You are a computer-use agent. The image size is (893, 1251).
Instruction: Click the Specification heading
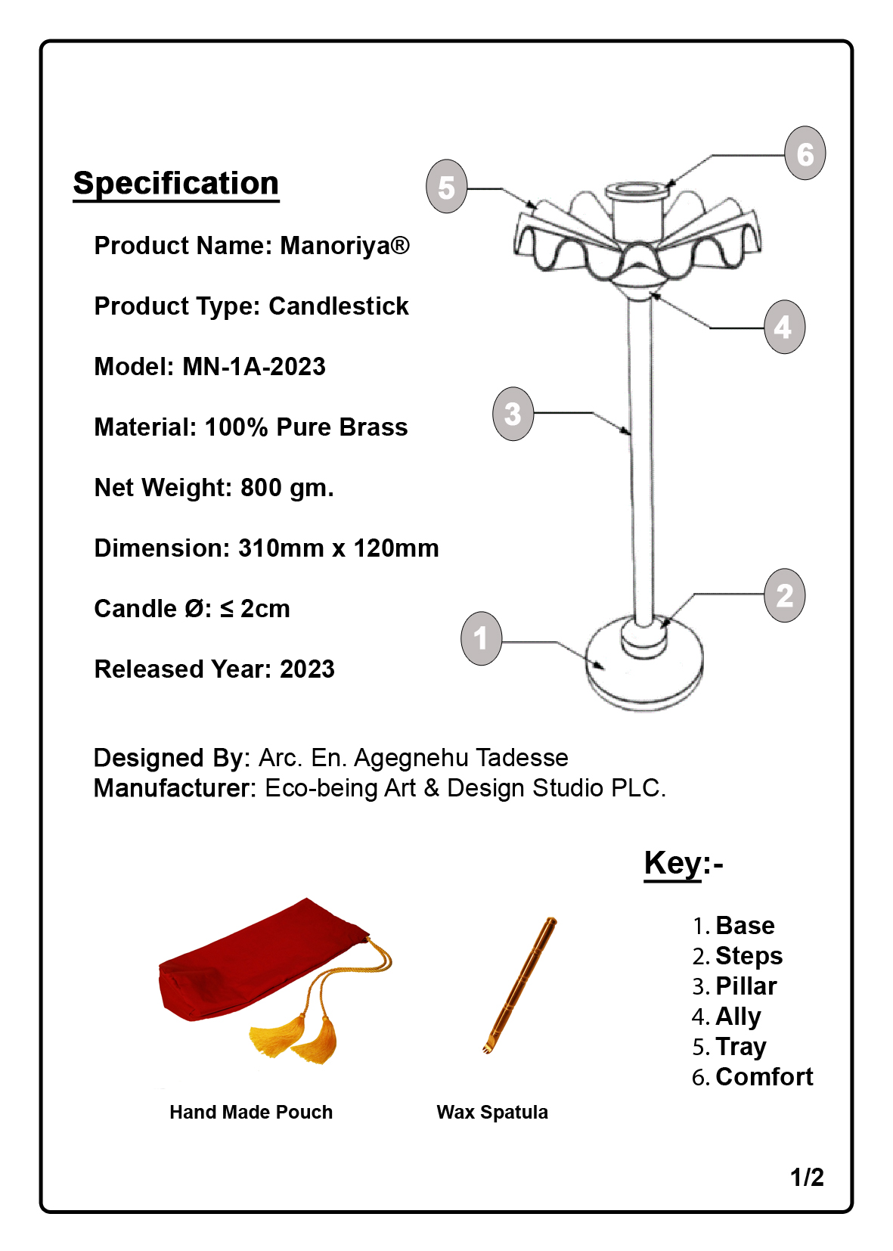point(175,184)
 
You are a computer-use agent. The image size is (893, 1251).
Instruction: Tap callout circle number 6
point(805,154)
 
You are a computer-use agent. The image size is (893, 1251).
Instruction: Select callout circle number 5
point(447,187)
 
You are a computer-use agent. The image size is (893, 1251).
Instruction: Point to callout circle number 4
point(784,327)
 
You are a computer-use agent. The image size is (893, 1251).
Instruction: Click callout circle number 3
point(513,414)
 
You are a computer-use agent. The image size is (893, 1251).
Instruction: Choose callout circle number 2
point(785,596)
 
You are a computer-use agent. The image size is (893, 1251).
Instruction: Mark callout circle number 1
point(482,638)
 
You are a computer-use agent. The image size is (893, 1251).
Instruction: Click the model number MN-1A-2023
point(254,367)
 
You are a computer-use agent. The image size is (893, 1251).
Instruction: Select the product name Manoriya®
point(345,246)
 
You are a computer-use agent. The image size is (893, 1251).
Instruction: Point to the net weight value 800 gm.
point(287,488)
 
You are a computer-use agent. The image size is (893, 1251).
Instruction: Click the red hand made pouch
point(257,964)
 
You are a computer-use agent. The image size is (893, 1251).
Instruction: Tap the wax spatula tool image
point(520,985)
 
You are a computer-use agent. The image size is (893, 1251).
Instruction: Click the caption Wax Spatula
point(492,1113)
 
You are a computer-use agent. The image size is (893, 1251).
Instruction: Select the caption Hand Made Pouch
point(251,1113)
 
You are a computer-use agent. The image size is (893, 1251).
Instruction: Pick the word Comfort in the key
point(764,1077)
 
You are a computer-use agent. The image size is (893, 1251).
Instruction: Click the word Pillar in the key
point(746,986)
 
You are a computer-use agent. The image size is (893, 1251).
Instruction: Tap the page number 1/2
point(807,1178)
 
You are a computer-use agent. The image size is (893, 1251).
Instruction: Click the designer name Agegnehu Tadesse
point(460,758)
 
